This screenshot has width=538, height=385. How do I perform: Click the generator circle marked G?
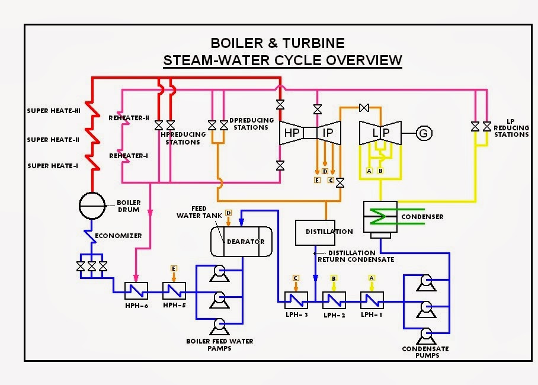tap(423, 133)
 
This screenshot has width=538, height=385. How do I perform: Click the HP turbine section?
tap(293, 133)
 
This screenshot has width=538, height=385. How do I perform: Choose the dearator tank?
tap(242, 241)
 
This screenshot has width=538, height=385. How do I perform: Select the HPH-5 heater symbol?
tap(174, 290)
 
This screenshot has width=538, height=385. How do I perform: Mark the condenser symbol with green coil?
tap(382, 216)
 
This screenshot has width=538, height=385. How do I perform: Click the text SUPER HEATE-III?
tap(53, 111)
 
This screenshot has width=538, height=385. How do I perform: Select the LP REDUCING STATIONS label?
tap(511, 128)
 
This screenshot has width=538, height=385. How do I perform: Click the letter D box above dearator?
tap(229, 212)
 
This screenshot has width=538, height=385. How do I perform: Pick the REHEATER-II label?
tap(128, 118)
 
